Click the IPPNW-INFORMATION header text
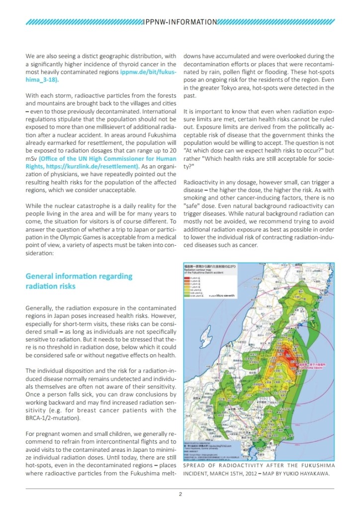(180, 22)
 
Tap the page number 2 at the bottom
(180, 494)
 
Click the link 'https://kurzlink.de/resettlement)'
(98, 166)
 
